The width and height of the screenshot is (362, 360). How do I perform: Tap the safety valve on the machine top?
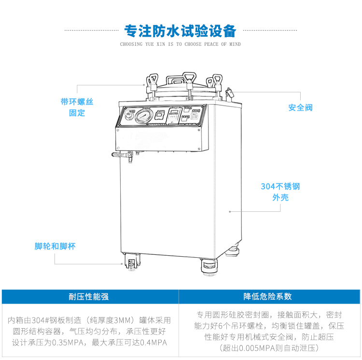(228, 92)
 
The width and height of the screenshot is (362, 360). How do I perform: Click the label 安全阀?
(300, 107)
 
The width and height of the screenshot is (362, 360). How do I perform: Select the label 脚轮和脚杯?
(55, 246)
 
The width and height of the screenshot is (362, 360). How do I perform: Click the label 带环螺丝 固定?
(77, 107)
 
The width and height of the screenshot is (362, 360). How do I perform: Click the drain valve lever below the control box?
(121, 155)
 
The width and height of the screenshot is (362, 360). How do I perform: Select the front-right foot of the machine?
(208, 266)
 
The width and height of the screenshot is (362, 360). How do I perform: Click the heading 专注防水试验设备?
(181, 31)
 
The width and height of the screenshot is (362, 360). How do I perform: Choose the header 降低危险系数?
(270, 297)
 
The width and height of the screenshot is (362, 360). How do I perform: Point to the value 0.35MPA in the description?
(70, 343)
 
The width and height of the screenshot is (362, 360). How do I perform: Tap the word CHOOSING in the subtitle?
(131, 44)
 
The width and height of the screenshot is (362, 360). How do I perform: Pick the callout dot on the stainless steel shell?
(230, 211)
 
